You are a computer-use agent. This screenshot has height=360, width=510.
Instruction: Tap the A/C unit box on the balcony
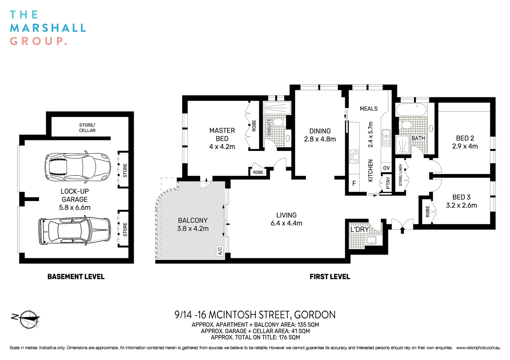[220, 251]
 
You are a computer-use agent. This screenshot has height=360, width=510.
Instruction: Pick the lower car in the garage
[74, 231]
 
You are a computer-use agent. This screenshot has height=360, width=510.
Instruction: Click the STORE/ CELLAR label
[87, 128]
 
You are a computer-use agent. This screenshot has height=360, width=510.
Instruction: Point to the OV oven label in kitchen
[386, 168]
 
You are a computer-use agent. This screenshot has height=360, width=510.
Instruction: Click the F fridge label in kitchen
[354, 183]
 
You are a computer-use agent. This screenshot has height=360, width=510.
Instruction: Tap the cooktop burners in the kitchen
[354, 157]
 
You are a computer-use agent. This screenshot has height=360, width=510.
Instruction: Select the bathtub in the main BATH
[411, 110]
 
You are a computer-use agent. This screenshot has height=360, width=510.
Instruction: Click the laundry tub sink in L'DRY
[371, 240]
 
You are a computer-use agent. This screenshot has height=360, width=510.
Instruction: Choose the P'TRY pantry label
[388, 183]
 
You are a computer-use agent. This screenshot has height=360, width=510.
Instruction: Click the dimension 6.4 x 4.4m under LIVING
[286, 223]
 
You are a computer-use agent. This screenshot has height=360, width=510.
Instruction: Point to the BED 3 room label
[461, 197]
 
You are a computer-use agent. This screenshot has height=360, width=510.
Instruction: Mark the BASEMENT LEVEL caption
[76, 277]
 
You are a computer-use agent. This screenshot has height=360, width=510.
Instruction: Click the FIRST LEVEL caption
[330, 277]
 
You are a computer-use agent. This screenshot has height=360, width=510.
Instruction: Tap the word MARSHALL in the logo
[48, 28]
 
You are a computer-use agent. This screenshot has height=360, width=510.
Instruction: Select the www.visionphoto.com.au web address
[478, 348]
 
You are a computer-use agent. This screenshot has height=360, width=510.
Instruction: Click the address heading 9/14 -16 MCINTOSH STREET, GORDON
[255, 315]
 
